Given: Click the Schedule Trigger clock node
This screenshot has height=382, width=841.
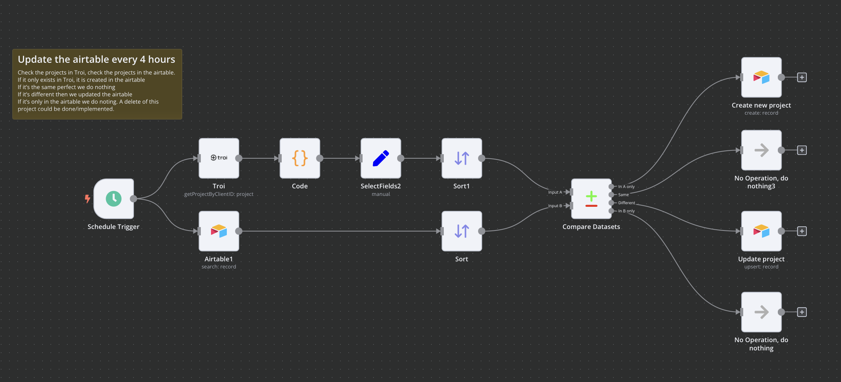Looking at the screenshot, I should tap(114, 199).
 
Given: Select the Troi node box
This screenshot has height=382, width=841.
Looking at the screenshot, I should tap(219, 158).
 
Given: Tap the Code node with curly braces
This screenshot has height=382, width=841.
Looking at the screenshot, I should tap(300, 158).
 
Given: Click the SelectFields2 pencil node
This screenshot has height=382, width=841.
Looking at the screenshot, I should tap(381, 158).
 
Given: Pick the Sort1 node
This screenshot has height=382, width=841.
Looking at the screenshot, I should tap(461, 158).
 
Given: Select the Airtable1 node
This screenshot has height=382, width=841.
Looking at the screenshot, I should tap(219, 231).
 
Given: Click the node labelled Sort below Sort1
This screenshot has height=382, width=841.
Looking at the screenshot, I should tap(461, 231).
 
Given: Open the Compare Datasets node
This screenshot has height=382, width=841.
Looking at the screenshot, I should tap(591, 199).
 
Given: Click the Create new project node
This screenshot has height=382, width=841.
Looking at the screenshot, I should tap(761, 77).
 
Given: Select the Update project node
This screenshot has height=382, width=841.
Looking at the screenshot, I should tap(761, 231).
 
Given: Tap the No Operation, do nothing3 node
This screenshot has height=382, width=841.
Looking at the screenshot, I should tap(761, 150).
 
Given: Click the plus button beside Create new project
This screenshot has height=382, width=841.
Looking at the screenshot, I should tap(802, 77).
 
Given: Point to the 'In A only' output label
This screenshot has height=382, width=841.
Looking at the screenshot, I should tap(626, 186).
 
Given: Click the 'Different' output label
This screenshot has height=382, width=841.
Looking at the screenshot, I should tap(627, 203).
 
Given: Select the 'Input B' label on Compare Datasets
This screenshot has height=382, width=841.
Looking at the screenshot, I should tap(555, 206).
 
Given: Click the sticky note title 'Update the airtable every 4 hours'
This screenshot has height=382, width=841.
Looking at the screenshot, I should tap(96, 59).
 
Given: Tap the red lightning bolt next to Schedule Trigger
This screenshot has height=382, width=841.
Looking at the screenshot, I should tap(87, 199).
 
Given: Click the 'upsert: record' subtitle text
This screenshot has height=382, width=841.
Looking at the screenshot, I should tap(761, 267).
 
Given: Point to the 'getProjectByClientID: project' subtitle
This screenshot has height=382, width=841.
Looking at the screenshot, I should tap(219, 194).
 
